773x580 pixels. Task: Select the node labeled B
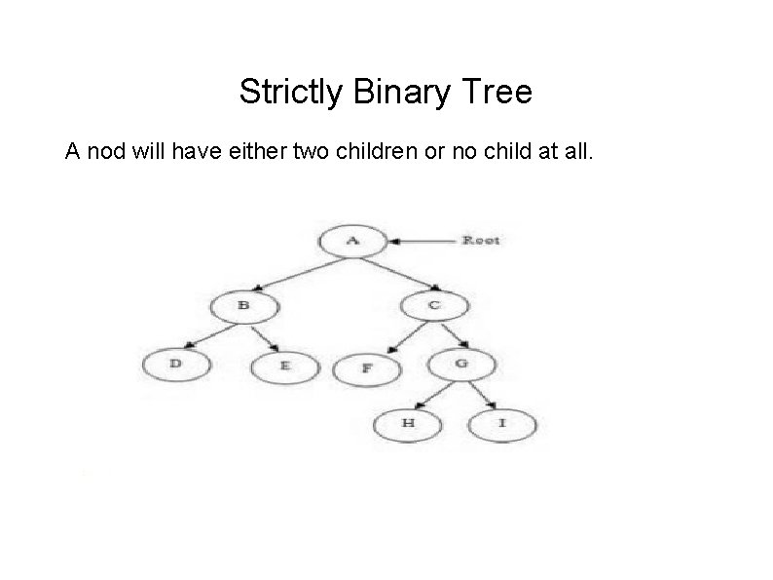[x=243, y=305]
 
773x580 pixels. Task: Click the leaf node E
[x=284, y=367]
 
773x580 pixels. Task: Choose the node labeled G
[x=461, y=365]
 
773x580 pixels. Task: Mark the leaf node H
[x=409, y=424]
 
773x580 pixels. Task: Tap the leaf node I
[x=501, y=424]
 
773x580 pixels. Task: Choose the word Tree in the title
[x=500, y=93]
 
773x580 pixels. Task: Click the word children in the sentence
[x=382, y=152]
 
